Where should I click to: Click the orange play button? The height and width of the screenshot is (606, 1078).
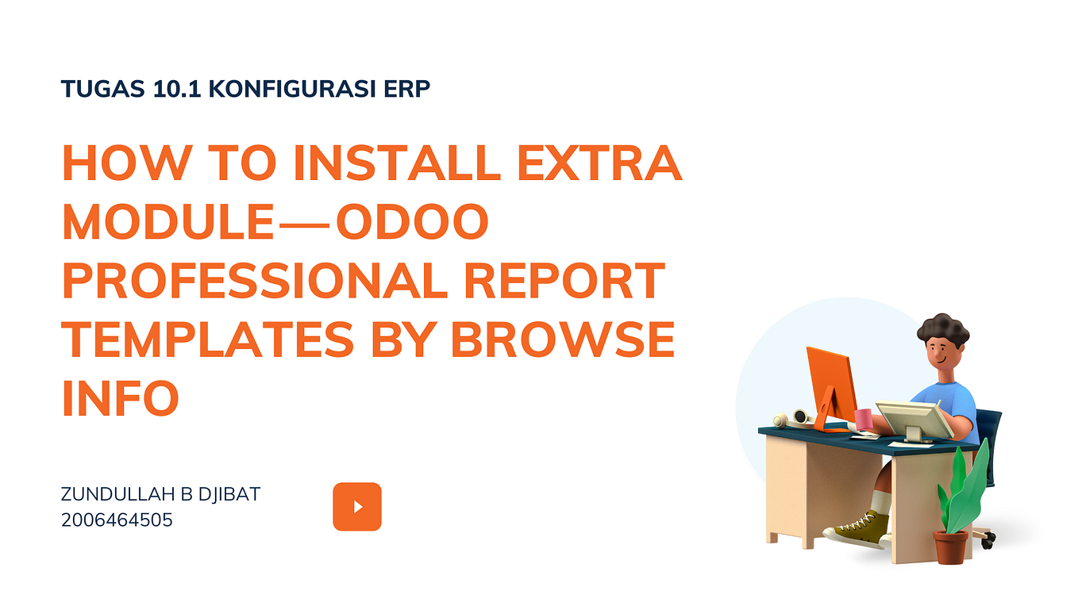pos(356,506)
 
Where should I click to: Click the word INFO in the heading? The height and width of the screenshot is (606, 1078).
pos(121,398)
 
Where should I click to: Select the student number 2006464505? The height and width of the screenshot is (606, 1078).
pos(117,520)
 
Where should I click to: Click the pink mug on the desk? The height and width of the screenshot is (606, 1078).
pos(863,420)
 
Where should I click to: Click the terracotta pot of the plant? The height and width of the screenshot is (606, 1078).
pos(950,547)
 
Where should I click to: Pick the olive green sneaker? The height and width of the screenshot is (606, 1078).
pos(858,530)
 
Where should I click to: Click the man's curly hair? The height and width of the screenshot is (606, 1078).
pos(943,328)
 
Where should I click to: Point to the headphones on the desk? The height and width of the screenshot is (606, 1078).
pos(795,418)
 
